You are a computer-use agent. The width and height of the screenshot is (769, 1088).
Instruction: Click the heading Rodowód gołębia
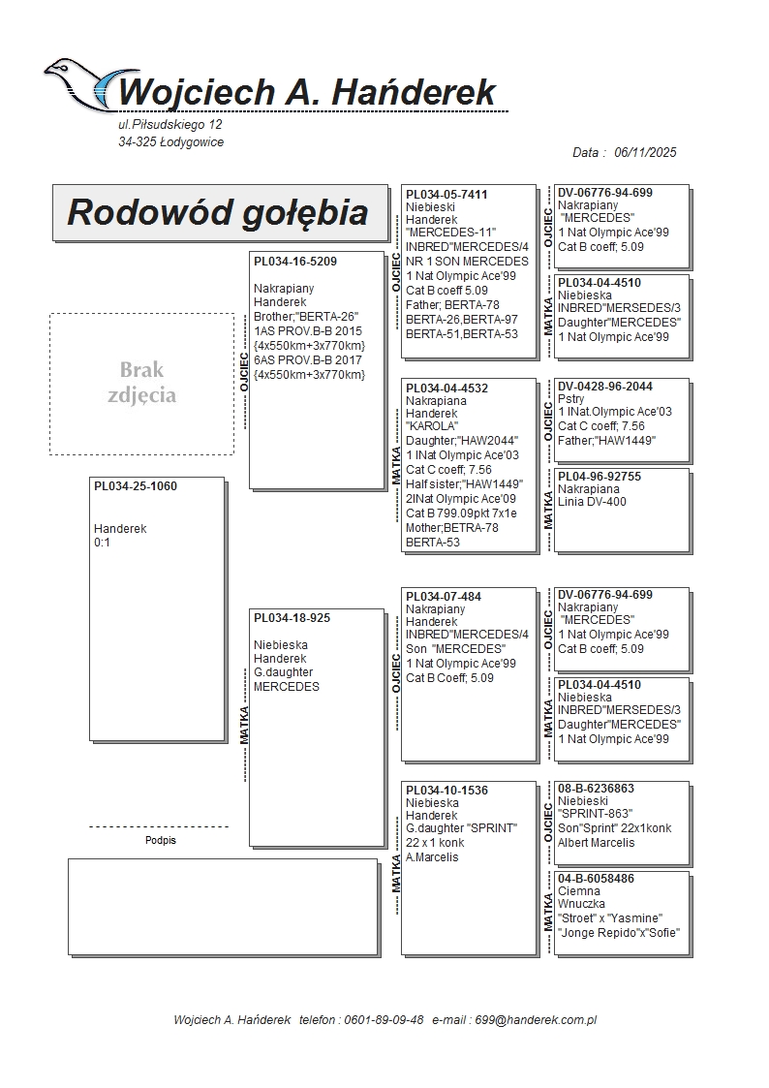(217, 212)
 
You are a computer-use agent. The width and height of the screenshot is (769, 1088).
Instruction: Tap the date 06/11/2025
(645, 153)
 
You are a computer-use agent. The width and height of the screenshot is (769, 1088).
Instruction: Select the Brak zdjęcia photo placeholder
(141, 383)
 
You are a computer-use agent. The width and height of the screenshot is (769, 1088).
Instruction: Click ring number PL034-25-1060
(136, 486)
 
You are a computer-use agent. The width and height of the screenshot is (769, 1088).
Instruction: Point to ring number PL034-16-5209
(295, 262)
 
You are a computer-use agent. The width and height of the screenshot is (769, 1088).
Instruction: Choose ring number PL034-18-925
(292, 618)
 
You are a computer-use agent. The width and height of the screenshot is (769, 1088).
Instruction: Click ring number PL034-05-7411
(446, 195)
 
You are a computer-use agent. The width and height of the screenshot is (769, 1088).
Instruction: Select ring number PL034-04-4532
(446, 389)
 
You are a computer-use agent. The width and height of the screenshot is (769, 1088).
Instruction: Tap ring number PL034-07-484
(443, 597)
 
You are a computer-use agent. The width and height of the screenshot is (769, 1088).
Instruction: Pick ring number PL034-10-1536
(446, 791)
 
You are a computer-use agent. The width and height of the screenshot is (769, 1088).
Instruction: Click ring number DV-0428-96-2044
(605, 387)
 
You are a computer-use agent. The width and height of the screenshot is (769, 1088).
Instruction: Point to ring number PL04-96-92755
(600, 477)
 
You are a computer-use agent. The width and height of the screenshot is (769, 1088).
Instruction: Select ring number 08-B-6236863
(596, 789)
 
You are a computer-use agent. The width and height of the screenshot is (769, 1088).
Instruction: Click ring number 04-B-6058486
(596, 879)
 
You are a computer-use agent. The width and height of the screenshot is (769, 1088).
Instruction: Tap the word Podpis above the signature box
(161, 841)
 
